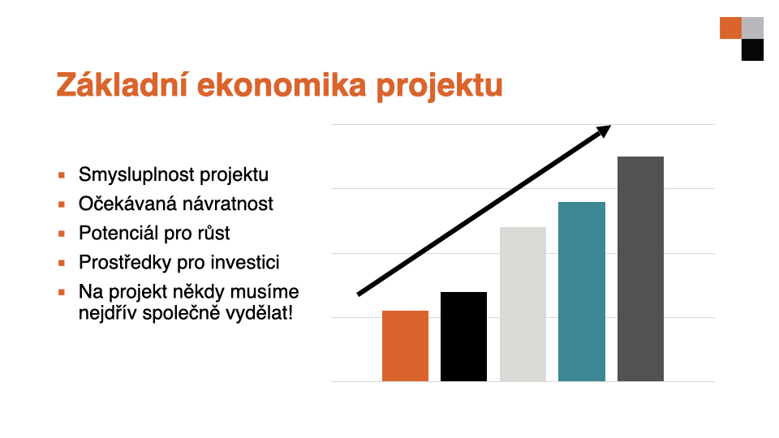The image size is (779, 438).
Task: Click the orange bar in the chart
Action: click(x=405, y=346)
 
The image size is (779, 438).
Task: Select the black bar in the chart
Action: click(x=463, y=337)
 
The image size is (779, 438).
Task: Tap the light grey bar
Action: click(x=523, y=304)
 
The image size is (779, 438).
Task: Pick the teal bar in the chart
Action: click(x=582, y=291)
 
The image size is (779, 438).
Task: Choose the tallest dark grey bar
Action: click(x=640, y=268)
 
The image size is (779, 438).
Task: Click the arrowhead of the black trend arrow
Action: click(x=604, y=131)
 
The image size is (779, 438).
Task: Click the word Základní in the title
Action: click(x=122, y=84)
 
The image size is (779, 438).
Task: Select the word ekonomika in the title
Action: click(x=282, y=85)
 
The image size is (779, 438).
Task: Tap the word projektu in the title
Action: click(x=439, y=87)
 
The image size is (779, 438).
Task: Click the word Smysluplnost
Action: click(x=136, y=175)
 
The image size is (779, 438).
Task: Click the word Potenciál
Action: click(x=118, y=233)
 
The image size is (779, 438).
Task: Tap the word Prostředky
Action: click(x=125, y=262)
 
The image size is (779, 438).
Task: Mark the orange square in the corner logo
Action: click(x=731, y=28)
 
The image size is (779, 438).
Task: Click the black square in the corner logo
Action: click(x=753, y=49)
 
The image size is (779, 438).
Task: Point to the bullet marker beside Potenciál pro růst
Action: click(x=62, y=234)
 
